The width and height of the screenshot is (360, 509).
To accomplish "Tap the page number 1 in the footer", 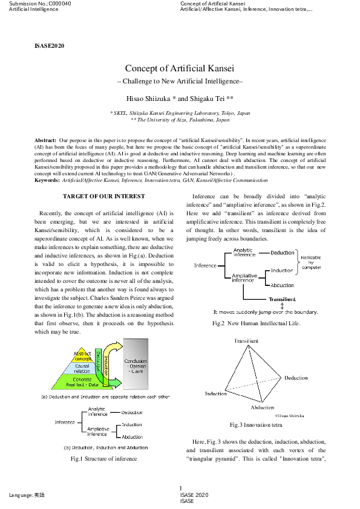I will (x=180, y=488).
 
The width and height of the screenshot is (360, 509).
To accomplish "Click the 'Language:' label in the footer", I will (x=21, y=495).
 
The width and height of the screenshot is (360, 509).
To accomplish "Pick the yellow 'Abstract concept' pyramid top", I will (x=83, y=356).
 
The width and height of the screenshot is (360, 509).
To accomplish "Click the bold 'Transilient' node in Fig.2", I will (x=282, y=299).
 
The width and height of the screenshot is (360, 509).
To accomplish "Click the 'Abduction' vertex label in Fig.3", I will (x=263, y=407).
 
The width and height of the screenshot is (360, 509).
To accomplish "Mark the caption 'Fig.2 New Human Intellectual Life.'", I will (x=256, y=323).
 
